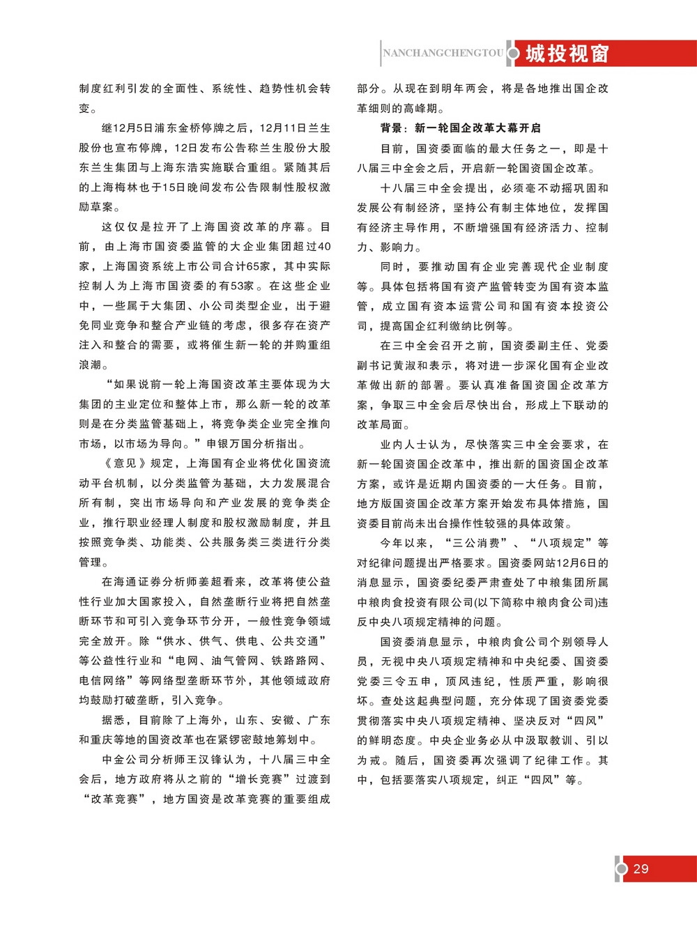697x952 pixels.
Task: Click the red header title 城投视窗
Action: point(567,53)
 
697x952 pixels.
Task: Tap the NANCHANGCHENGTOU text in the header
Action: point(443,53)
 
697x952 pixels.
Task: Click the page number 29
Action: point(641,869)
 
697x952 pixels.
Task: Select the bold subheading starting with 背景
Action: point(461,128)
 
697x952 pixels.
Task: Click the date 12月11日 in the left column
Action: point(282,128)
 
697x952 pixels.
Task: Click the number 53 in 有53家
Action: point(243,286)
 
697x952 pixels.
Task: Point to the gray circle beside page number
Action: point(622,869)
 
